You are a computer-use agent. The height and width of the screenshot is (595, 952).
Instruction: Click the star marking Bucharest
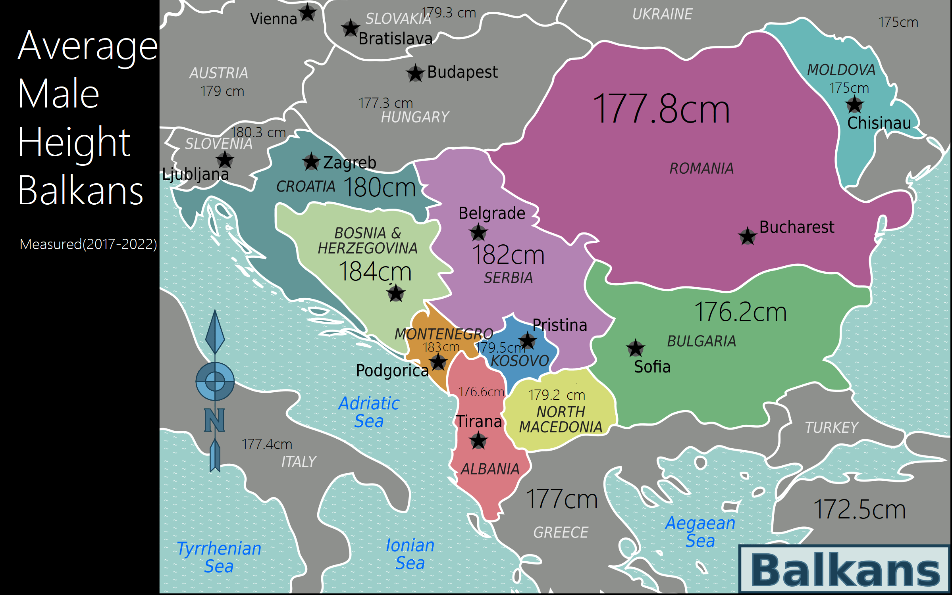click(x=747, y=236)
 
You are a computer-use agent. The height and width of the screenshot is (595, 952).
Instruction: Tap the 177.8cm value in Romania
click(x=661, y=109)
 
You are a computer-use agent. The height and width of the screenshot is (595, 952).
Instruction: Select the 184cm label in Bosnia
click(x=375, y=272)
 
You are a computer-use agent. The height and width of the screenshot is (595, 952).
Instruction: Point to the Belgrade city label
click(x=491, y=213)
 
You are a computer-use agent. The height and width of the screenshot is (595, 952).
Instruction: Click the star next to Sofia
click(x=635, y=348)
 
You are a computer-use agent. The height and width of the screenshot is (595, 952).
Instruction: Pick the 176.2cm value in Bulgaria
click(x=740, y=312)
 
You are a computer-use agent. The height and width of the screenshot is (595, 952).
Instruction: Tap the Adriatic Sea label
click(x=369, y=412)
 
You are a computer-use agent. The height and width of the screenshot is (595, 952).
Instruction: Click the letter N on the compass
click(x=214, y=420)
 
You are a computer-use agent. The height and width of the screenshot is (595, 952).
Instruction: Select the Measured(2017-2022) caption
click(x=88, y=244)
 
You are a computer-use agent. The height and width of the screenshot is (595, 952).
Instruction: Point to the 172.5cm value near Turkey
click(x=859, y=510)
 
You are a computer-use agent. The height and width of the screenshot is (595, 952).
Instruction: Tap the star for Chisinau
click(x=854, y=105)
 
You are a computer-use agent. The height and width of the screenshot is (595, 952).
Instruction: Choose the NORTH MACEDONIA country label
click(x=561, y=420)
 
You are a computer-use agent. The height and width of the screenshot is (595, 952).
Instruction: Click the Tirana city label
click(x=478, y=421)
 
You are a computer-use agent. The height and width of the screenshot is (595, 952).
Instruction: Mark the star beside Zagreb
click(x=311, y=162)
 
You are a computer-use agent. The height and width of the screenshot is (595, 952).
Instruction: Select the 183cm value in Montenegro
click(x=441, y=347)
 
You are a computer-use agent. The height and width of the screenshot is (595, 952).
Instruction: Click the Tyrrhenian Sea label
click(x=219, y=557)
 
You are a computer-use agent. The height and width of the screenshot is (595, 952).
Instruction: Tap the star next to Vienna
click(x=308, y=13)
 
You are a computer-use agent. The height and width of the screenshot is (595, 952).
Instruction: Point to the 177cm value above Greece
click(x=561, y=499)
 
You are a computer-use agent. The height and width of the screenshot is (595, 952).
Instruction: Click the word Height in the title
click(x=74, y=143)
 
